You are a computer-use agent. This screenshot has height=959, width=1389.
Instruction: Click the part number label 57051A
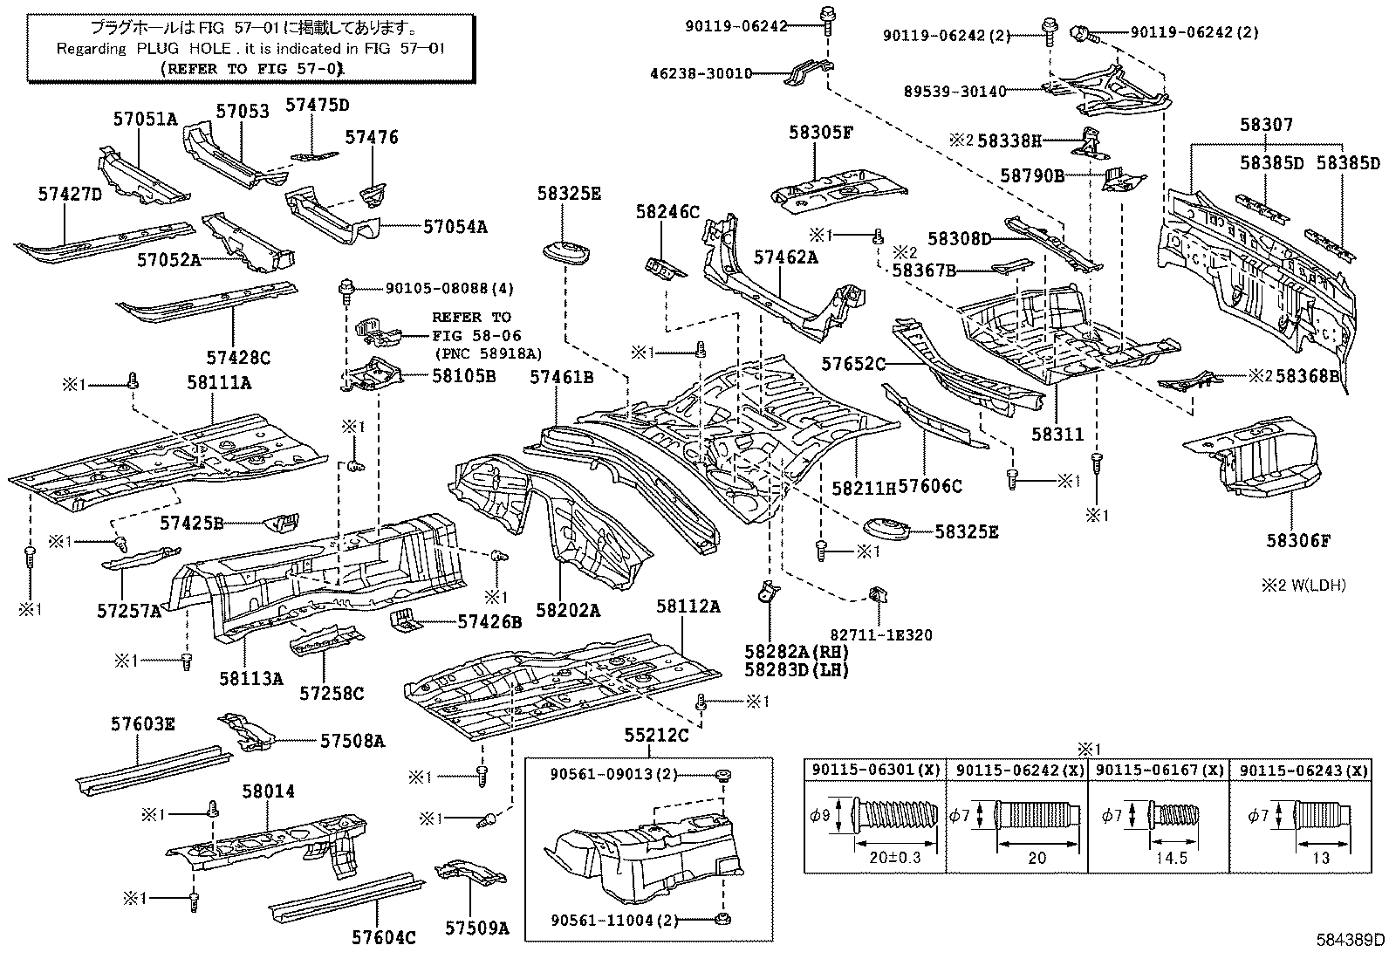[x=144, y=119]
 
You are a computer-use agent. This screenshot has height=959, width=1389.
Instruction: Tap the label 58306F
[x=1298, y=540]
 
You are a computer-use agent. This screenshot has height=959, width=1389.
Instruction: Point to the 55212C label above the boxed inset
[x=656, y=735]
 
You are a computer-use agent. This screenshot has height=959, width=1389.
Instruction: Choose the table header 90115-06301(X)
[x=875, y=770]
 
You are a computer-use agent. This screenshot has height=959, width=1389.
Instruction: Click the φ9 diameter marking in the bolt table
[x=820, y=816]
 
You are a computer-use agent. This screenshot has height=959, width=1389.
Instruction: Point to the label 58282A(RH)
[x=797, y=651]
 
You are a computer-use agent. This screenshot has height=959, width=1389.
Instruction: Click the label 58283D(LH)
[x=797, y=669]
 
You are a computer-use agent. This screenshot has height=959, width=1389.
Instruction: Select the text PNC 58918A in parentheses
[x=488, y=353]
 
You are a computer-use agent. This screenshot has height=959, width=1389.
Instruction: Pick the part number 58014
[x=269, y=791]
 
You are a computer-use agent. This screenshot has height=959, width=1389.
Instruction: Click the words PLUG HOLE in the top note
[x=182, y=49]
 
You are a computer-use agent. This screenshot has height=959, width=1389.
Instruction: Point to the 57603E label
[x=142, y=723]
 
